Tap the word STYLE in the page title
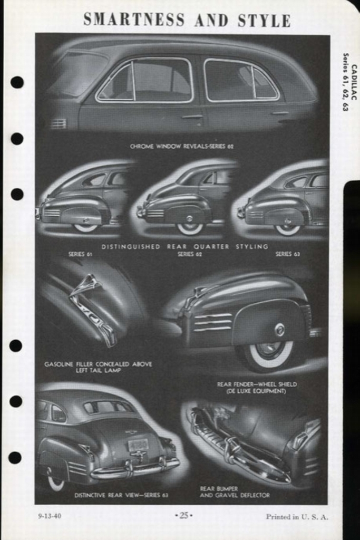pos(264,21)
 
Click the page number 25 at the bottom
pos(183,515)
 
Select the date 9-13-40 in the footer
pos(50,516)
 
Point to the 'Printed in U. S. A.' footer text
pos(297,517)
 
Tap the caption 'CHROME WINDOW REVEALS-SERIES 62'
pos(181,146)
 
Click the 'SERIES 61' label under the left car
pos(80,254)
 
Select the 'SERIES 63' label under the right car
pos(287,254)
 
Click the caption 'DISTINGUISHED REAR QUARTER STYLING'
pos(184,246)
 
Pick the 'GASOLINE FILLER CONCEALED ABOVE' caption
pos(98,364)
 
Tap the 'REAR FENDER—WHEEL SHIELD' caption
pos(257,384)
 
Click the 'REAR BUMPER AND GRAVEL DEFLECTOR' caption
pos(235,492)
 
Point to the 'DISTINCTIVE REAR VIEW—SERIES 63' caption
pos(121,495)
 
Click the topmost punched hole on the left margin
pos(17,82)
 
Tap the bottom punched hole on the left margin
pos(15,458)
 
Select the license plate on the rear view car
pos(138,445)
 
